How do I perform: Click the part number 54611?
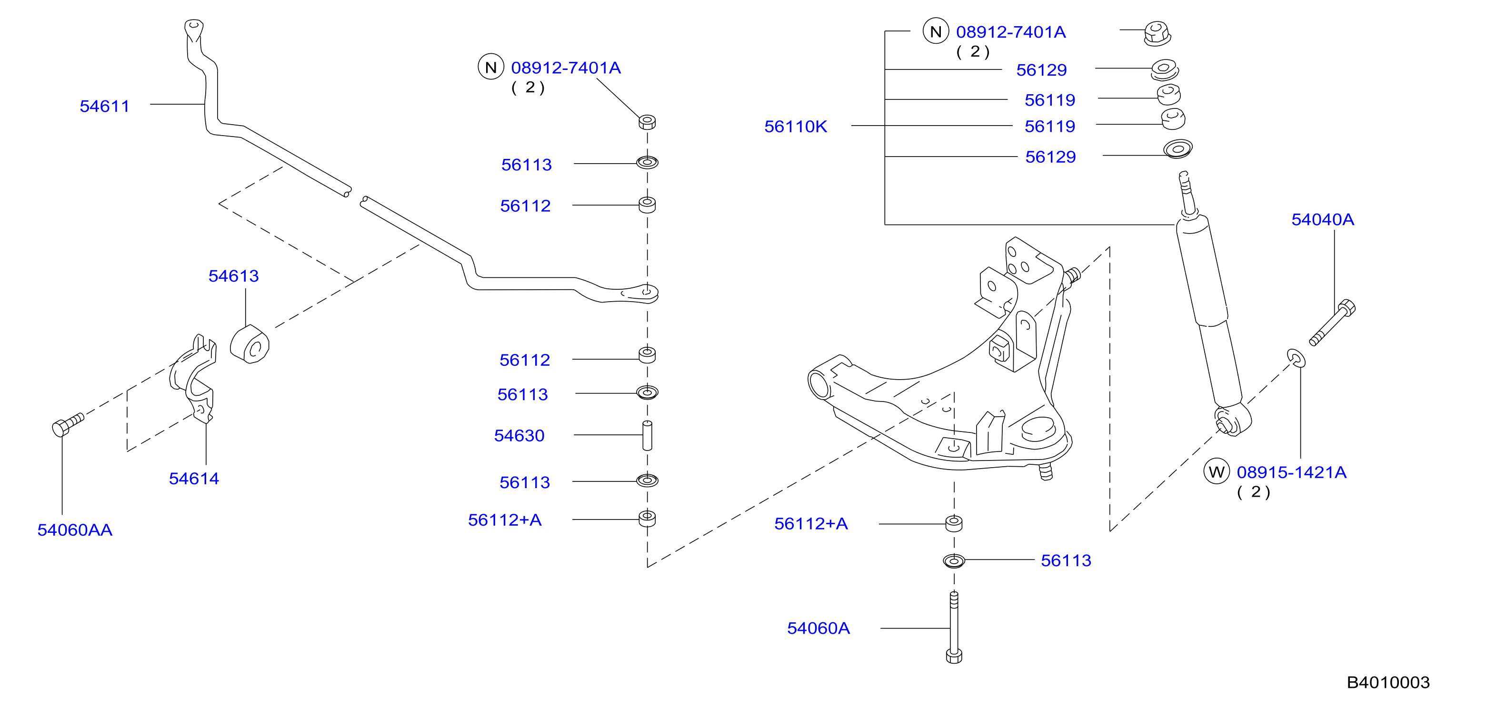[104, 106]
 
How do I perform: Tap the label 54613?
[233, 276]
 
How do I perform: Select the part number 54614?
[194, 478]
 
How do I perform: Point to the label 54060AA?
[75, 529]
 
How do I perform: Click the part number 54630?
[519, 435]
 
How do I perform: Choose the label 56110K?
[796, 127]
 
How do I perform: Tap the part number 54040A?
[1322, 219]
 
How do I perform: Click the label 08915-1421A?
[1291, 472]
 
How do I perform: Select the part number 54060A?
[818, 628]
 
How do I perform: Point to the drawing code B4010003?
[1388, 682]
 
